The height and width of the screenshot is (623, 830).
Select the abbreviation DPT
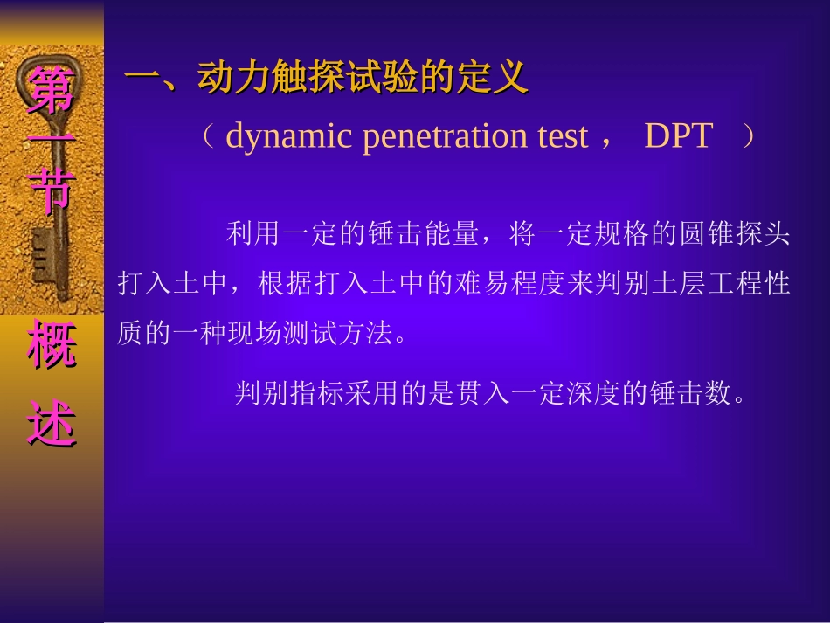(679, 137)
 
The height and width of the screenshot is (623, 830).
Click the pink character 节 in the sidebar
(52, 190)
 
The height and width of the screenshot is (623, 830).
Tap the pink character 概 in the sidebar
(52, 345)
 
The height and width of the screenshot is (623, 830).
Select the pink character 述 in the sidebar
(52, 423)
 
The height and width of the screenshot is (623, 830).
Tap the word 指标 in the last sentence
(319, 394)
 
